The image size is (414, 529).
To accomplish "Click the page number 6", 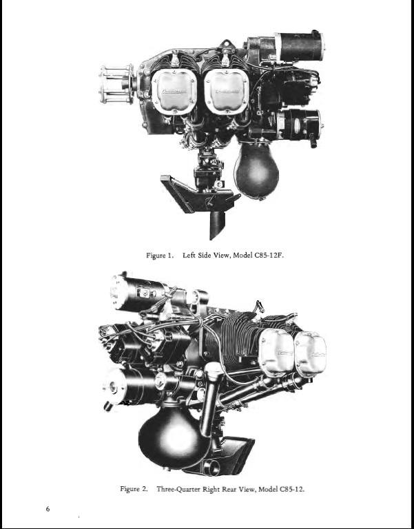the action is (48, 509).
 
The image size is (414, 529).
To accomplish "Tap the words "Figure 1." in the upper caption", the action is (160, 256).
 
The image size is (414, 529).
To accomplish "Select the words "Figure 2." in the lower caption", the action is (134, 489).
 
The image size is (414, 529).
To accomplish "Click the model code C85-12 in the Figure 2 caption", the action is (292, 489).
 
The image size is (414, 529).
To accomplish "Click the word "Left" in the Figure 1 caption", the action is (189, 255).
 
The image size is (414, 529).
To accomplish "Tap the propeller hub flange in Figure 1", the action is (116, 85).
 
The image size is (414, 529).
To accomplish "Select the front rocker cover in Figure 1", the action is (174, 92).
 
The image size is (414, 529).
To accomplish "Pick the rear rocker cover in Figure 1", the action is (227, 92).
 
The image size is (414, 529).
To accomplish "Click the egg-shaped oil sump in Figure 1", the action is (257, 169).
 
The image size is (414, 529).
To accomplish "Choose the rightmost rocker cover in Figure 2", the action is (311, 353).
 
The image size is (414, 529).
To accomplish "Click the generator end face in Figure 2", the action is (112, 386).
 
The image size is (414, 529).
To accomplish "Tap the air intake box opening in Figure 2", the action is (211, 467).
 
